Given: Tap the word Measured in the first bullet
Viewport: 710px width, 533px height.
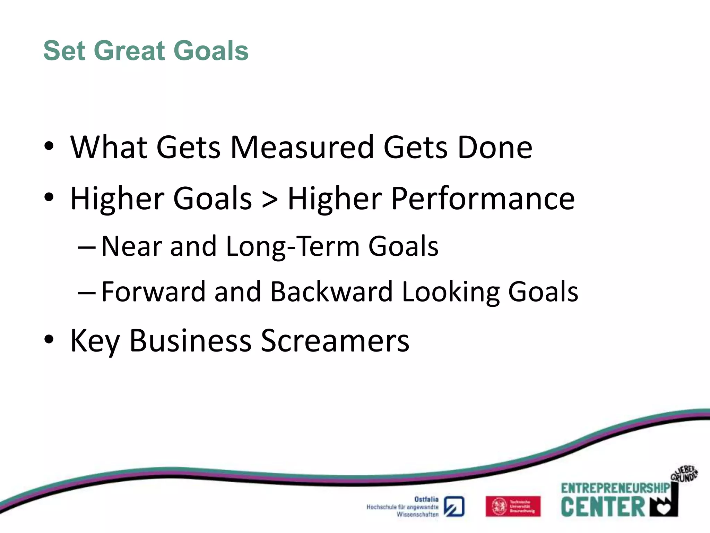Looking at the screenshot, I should pyautogui.click(x=302, y=147).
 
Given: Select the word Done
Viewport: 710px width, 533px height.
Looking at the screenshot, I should pyautogui.click(x=495, y=147).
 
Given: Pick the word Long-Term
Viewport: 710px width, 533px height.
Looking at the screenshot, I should pyautogui.click(x=293, y=246).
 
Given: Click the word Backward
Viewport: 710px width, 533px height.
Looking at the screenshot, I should pyautogui.click(x=331, y=291).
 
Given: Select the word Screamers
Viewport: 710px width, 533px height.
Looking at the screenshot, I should pyautogui.click(x=335, y=341).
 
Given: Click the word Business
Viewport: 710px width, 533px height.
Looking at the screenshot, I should pyautogui.click(x=190, y=341).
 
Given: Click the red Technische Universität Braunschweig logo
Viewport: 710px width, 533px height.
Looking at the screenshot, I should pyautogui.click(x=513, y=506).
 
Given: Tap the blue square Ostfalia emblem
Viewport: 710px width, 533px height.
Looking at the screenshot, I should pyautogui.click(x=454, y=507).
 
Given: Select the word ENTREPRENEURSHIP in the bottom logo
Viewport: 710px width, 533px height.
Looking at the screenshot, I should pyautogui.click(x=615, y=488).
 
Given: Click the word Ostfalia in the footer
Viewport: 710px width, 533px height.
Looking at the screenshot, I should pyautogui.click(x=426, y=499).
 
